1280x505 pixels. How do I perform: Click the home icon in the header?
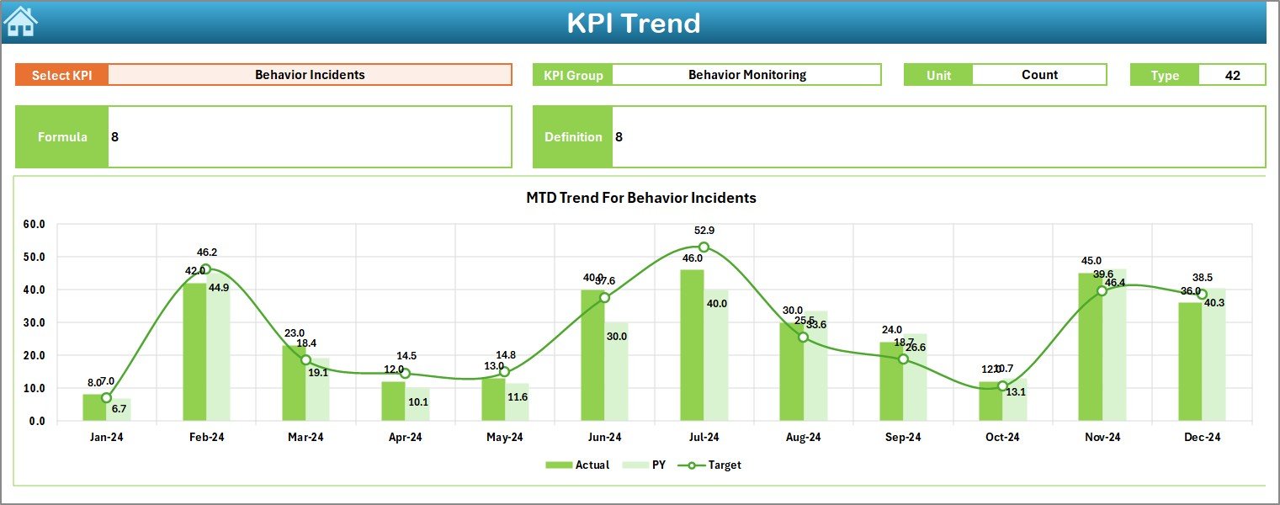(20, 22)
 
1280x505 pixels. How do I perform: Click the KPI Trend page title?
(633, 23)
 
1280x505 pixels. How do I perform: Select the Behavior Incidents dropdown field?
(310, 75)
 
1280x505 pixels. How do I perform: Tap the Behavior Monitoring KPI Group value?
(746, 75)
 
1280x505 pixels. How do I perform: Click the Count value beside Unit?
(1039, 75)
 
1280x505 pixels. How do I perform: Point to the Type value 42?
(1232, 75)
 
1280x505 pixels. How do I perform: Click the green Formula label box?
(62, 137)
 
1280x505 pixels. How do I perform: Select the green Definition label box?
(573, 137)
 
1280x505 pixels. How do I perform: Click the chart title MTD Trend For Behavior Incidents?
(640, 198)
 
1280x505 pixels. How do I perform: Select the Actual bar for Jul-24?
(692, 345)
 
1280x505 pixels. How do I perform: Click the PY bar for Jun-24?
(616, 371)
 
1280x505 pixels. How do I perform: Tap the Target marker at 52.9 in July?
(704, 247)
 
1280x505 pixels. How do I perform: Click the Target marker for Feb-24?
(206, 269)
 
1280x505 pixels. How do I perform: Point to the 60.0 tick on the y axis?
(35, 225)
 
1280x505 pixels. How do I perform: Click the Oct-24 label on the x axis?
(1002, 437)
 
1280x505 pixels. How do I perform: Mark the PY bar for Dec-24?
(1214, 354)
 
